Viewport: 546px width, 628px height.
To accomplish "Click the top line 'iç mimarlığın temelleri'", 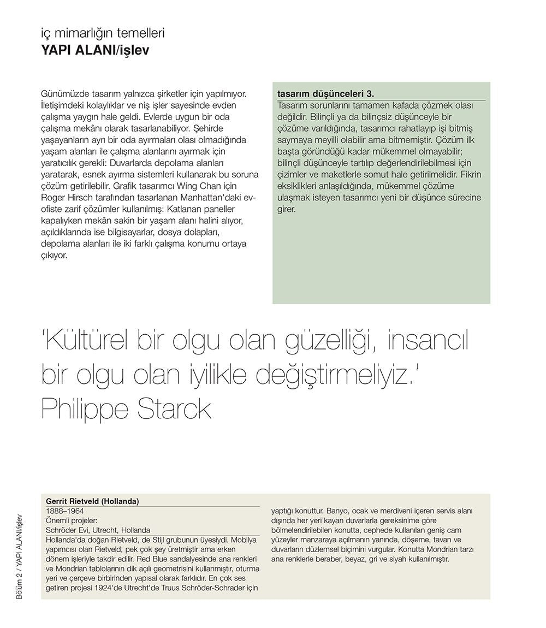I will coord(103,33).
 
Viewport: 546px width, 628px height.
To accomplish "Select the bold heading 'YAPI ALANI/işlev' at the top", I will coord(96,50).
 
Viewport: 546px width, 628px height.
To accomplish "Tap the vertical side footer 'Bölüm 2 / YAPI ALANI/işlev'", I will coord(20,556).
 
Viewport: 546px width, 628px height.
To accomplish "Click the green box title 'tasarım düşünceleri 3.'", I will coord(325,93).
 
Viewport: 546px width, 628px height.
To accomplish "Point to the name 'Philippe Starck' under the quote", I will coord(126,408).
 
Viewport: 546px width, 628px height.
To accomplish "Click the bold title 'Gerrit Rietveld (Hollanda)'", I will coord(93,501).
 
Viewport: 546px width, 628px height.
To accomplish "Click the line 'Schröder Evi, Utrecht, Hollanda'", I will coord(98,530).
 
